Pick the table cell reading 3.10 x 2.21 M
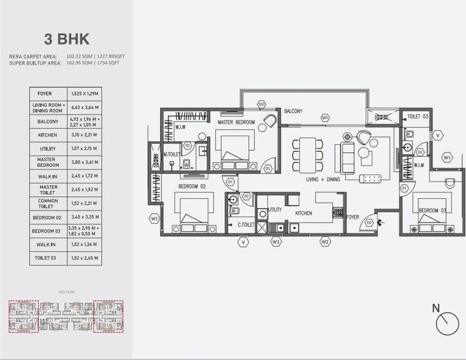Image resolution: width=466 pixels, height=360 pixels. (84, 134)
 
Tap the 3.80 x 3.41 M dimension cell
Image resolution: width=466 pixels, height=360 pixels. (84, 162)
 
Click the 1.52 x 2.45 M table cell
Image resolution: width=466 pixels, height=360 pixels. (84, 257)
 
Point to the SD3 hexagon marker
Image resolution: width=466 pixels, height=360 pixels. (261, 104)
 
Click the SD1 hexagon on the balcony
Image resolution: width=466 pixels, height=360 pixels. (325, 117)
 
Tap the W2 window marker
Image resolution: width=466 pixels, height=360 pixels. (325, 241)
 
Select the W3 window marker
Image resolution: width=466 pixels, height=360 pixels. (276, 241)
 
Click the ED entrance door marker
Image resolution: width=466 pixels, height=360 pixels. (369, 222)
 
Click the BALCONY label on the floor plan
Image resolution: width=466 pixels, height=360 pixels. (293, 111)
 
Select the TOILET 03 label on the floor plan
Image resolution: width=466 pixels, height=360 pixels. (417, 117)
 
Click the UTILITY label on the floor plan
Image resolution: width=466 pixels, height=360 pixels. (275, 211)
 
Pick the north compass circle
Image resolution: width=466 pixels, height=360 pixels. (448, 324)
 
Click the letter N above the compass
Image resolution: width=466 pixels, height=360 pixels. (437, 307)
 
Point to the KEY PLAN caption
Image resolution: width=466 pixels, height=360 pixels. (66, 292)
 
